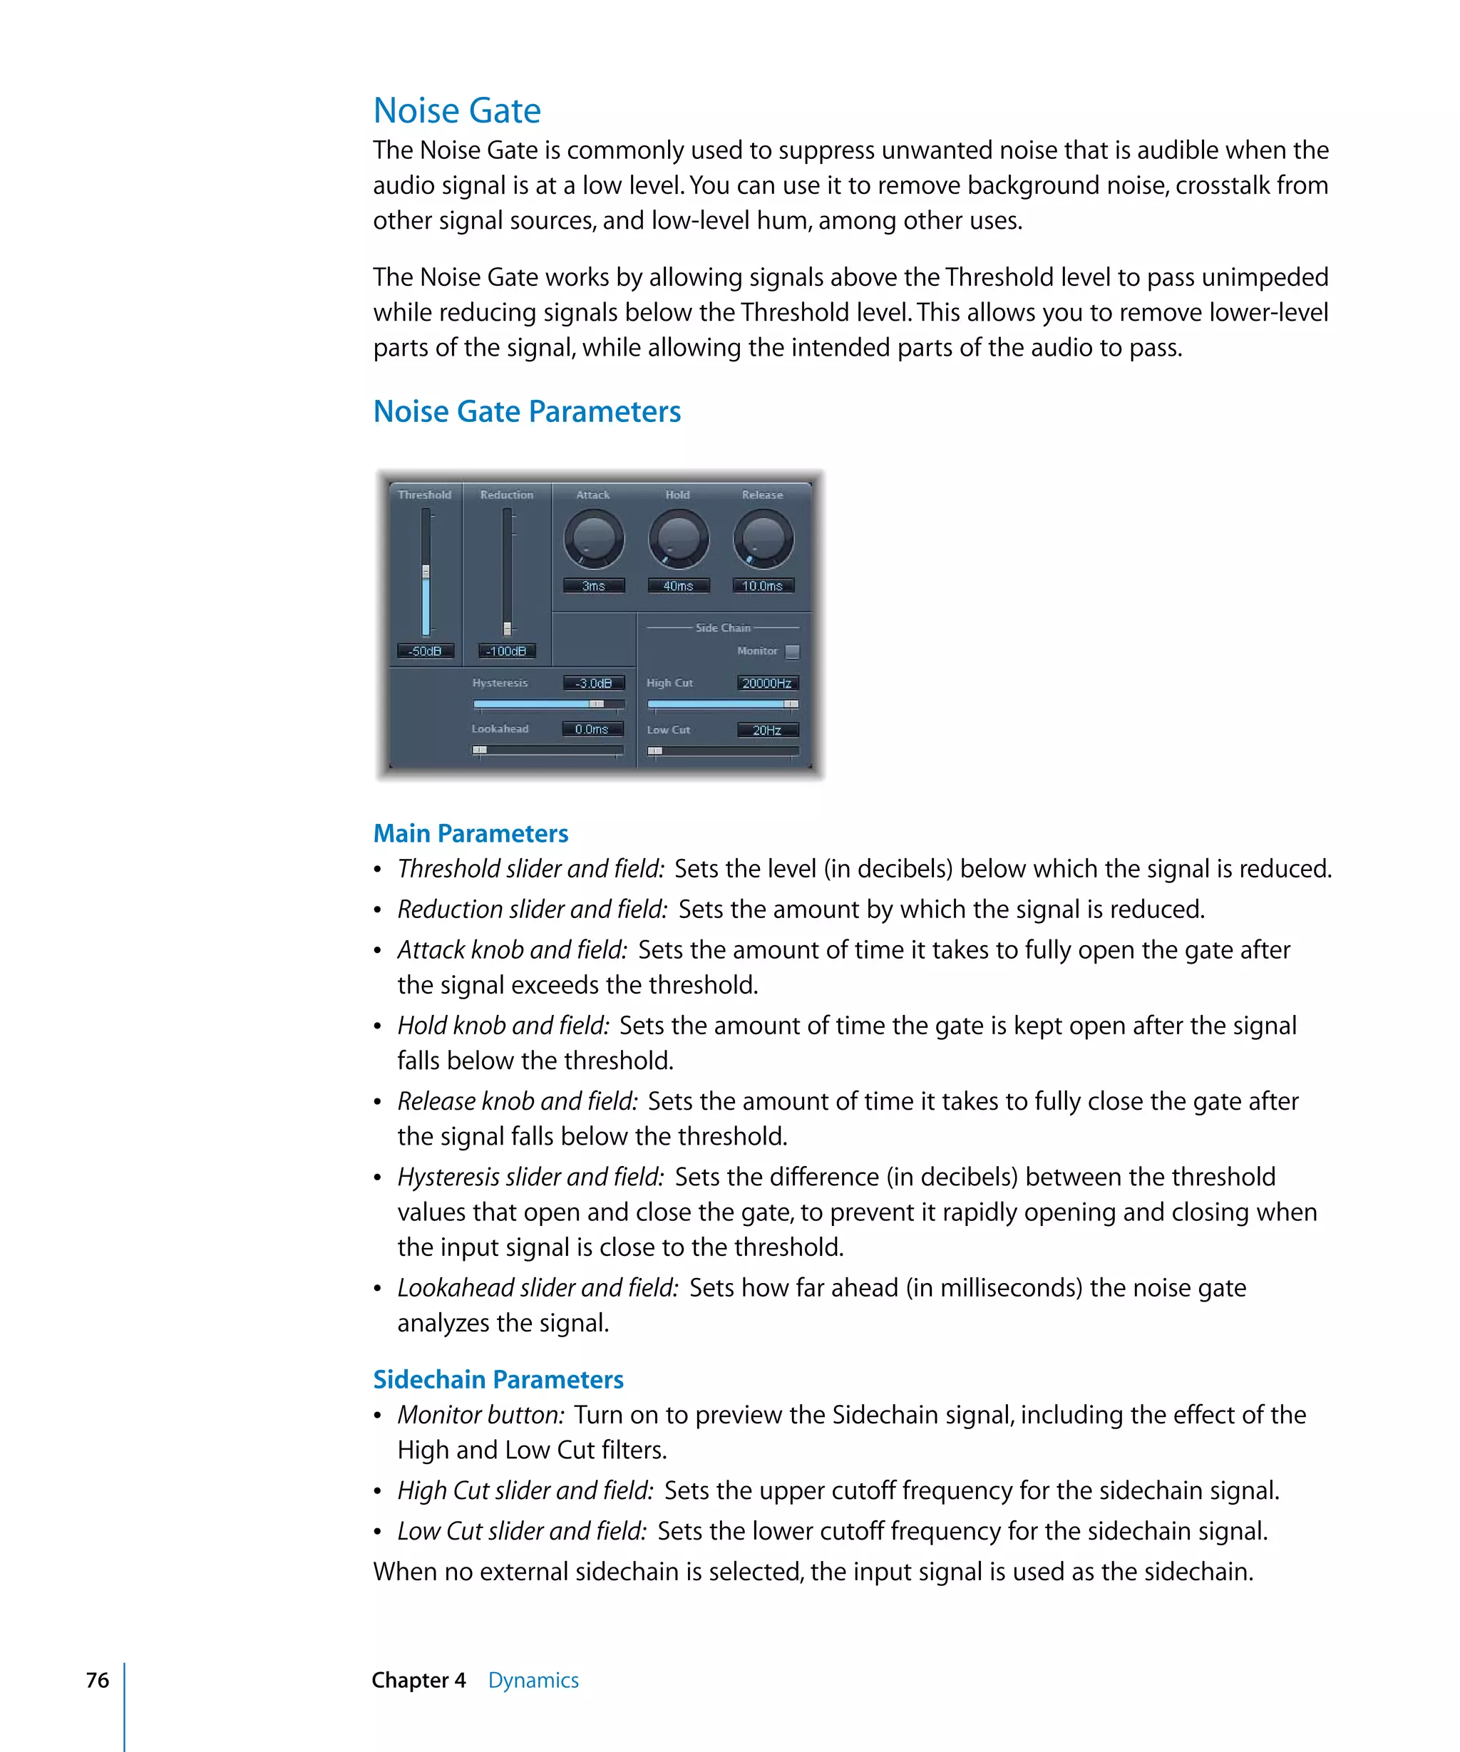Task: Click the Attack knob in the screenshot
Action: coord(593,539)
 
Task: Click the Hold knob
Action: coord(677,539)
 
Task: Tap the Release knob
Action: coord(763,539)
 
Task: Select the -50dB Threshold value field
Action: coord(425,651)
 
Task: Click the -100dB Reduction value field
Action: coord(506,651)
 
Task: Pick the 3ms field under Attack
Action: coord(593,586)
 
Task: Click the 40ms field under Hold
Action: coord(677,586)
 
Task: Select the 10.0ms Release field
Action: coord(763,586)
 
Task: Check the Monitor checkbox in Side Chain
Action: coord(792,651)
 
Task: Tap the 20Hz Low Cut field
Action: coord(766,730)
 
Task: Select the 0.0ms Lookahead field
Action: coord(592,729)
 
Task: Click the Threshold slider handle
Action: coord(426,572)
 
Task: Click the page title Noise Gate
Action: coord(456,111)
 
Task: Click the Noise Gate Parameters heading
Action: coord(526,412)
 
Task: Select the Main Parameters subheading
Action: coord(471,833)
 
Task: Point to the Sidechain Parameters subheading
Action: coord(498,1379)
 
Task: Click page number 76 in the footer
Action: coord(98,1680)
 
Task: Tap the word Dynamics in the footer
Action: coord(533,1680)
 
